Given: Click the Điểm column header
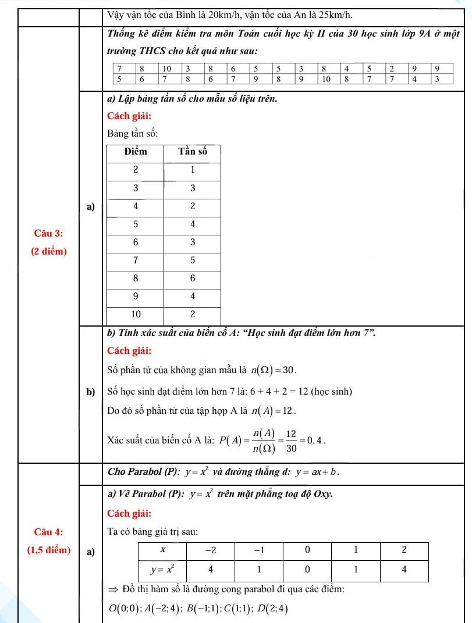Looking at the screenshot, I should point(135,152).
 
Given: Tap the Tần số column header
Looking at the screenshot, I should point(192,152).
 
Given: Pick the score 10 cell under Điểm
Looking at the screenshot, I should point(135,314).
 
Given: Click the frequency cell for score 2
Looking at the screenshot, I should point(192,170).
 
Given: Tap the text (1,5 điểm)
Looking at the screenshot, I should point(49,550).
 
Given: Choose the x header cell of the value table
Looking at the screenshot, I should point(163,549).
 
